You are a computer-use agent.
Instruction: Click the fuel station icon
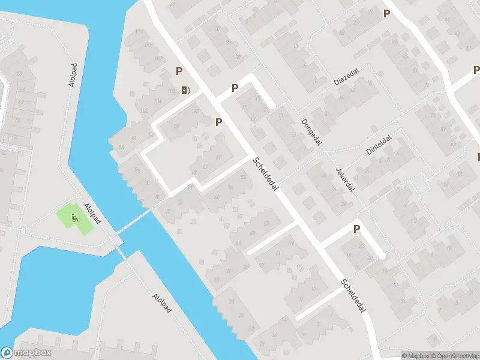(186, 91)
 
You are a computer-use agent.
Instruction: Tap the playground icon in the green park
(75, 217)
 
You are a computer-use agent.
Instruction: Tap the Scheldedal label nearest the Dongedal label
(267, 175)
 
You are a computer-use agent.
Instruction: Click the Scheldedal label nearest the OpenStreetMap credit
(353, 295)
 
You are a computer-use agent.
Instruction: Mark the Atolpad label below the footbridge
(161, 303)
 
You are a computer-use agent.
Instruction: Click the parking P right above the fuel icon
(179, 71)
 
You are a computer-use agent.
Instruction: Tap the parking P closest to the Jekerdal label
(356, 229)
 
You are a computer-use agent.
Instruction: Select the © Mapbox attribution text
(415, 355)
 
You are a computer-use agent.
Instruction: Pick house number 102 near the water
(143, 111)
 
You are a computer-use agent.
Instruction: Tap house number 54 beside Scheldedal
(243, 178)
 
